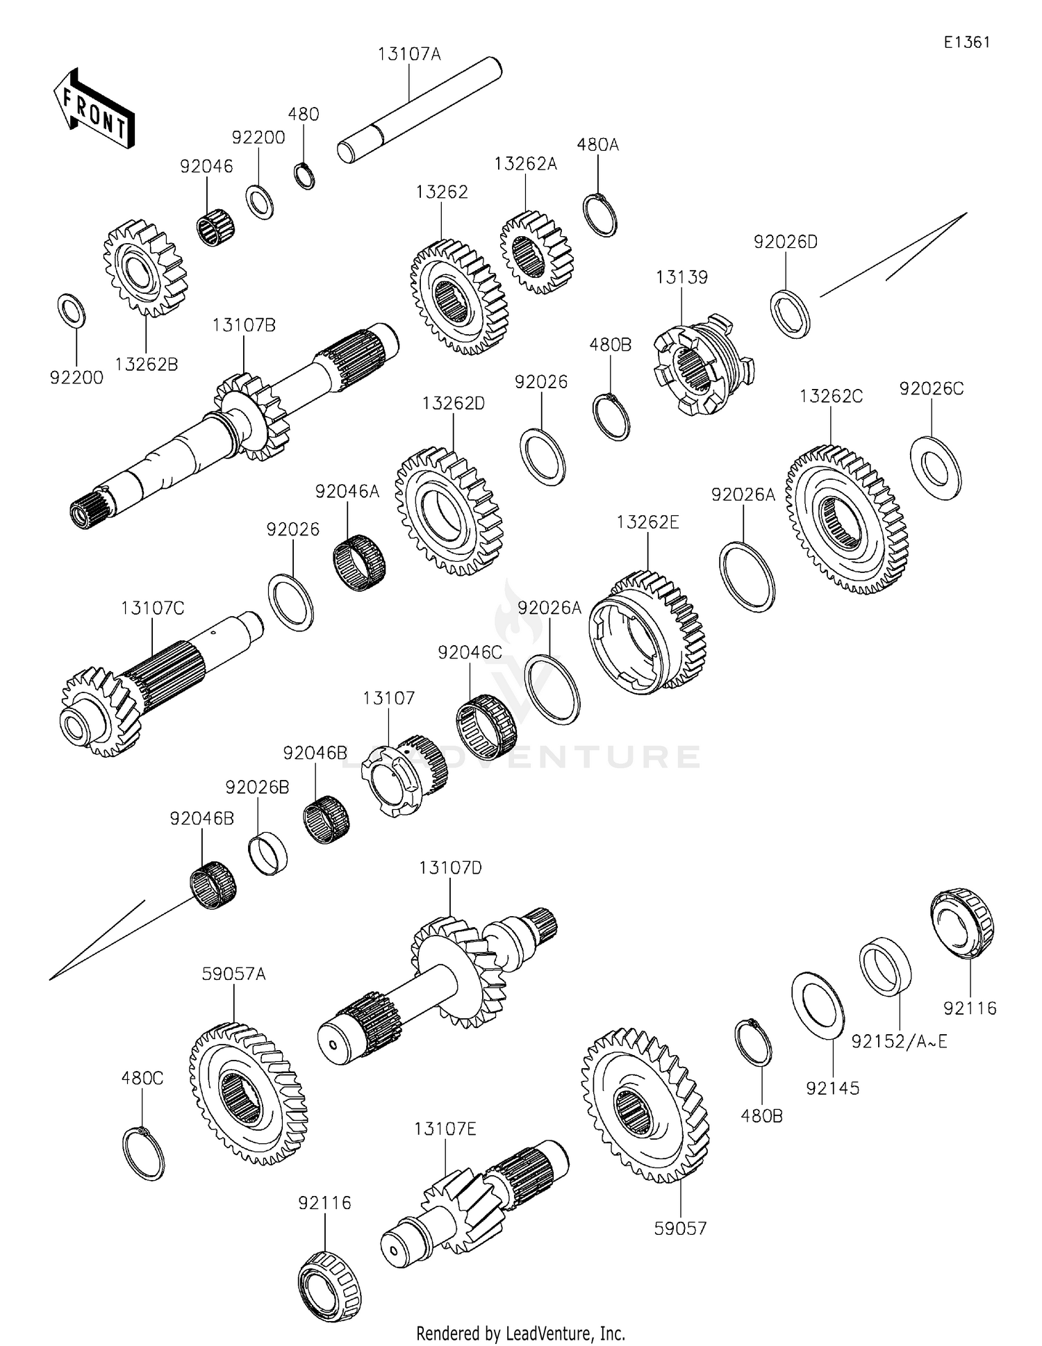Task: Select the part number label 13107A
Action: [x=409, y=54]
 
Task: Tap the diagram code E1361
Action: [x=966, y=42]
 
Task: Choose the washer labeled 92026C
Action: [x=935, y=467]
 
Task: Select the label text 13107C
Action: [x=152, y=608]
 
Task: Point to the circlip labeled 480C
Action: [x=143, y=1154]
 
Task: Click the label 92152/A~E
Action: [x=900, y=1042]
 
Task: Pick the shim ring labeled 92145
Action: [x=818, y=1005]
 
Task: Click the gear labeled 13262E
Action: [x=646, y=631]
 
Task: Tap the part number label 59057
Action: [x=680, y=1229]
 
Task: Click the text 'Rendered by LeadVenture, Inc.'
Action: [x=520, y=1333]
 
